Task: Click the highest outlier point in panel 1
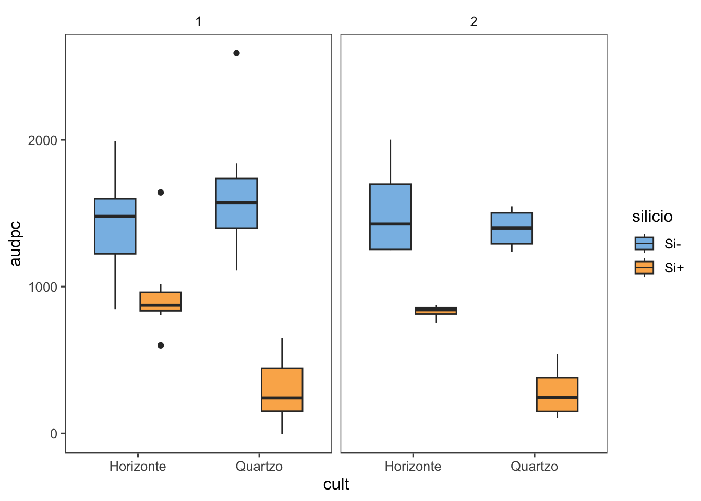236,53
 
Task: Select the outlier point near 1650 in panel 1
161,193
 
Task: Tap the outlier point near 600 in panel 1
161,345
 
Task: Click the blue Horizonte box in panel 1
115,226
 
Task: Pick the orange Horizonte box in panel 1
161,301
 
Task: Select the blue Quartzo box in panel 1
236,204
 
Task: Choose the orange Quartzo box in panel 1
282,390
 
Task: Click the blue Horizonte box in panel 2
390,217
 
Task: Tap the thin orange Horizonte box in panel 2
436,311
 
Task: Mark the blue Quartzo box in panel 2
512,228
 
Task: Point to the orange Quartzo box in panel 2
557,395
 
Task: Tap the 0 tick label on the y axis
54,434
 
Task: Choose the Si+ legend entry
658,268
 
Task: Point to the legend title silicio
652,217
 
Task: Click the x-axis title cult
336,484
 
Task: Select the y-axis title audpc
16,244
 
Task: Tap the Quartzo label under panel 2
534,466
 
